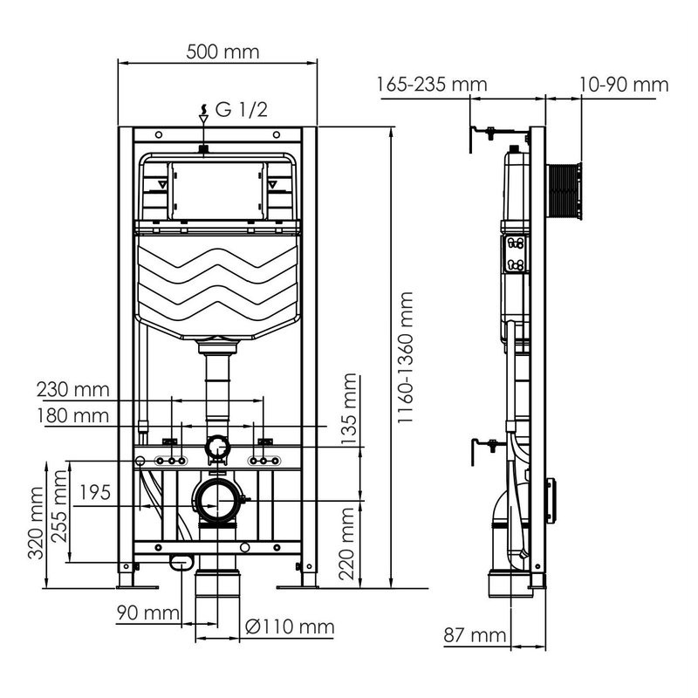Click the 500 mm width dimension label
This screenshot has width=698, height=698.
[223, 51]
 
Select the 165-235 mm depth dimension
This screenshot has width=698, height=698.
[431, 85]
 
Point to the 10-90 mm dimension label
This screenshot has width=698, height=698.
[622, 85]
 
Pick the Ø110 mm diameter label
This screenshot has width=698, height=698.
[289, 626]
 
